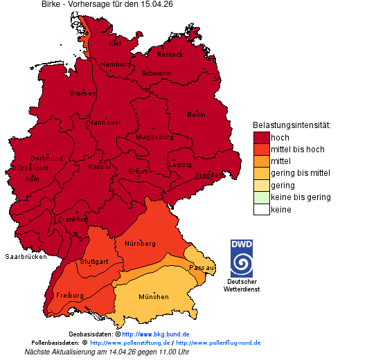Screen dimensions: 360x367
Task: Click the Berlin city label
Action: click(196, 114)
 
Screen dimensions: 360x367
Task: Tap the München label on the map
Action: click(153, 297)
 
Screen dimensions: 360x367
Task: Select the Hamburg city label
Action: click(116, 64)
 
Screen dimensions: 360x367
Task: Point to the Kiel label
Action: click(115, 43)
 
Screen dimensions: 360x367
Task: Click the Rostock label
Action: click(170, 54)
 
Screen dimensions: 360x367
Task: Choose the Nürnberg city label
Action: click(140, 244)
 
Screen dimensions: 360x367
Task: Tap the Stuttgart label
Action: click(94, 262)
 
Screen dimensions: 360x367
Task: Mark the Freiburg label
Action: click(70, 296)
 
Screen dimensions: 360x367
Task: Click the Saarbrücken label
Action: click(26, 256)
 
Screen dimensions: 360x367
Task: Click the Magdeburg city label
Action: click(154, 137)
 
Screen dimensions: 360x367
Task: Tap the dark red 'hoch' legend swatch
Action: click(261, 137)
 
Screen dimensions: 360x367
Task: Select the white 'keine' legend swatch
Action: click(261, 209)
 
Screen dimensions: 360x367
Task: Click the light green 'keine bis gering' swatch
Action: click(261, 197)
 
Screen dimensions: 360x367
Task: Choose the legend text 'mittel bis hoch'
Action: click(297, 150)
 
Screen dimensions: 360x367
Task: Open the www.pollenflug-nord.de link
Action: click(218, 343)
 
